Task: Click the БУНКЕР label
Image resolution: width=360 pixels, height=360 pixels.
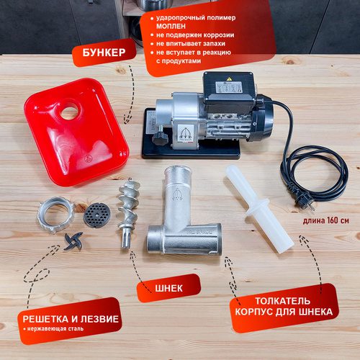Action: pos(104,53)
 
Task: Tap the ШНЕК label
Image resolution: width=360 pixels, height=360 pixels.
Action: pos(168,288)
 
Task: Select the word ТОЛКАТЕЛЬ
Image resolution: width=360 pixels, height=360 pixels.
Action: pos(282,301)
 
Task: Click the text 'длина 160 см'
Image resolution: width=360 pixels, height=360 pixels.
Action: pos(325,220)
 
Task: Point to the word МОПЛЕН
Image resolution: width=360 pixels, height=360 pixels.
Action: pos(171,26)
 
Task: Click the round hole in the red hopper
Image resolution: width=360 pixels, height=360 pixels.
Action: pos(69,112)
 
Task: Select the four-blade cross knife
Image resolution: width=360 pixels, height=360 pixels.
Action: pos(73,241)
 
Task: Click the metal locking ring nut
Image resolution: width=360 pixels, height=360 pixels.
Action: pos(55,215)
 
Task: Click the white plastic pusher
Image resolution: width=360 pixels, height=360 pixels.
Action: pos(259,208)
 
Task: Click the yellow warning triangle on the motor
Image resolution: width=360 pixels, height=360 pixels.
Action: pos(229,78)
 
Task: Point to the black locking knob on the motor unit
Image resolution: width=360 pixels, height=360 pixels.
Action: pos(160,139)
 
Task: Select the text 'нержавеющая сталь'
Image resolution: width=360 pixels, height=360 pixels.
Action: pos(55,328)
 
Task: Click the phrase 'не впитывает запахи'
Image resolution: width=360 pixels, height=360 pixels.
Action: pos(191,44)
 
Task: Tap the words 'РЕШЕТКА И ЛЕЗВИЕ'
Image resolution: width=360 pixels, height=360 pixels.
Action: pos(71,319)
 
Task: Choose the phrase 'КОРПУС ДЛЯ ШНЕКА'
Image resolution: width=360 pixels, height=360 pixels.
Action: pos(284,312)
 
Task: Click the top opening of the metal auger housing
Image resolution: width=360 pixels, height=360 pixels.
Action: pos(178,171)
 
